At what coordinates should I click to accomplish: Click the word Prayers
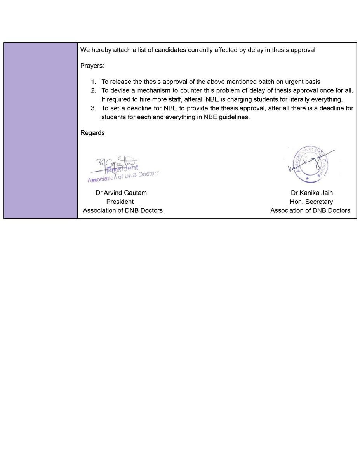click(92, 66)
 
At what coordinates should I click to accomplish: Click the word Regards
click(92, 133)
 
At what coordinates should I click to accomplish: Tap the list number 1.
click(93, 82)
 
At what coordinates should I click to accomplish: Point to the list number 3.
click(93, 108)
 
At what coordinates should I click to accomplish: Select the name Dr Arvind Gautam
click(121, 193)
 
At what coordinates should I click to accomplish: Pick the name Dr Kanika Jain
click(311, 193)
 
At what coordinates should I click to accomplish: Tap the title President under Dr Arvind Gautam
click(120, 202)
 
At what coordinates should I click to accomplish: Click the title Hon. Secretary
click(311, 202)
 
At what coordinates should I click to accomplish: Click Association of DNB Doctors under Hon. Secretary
click(310, 210)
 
